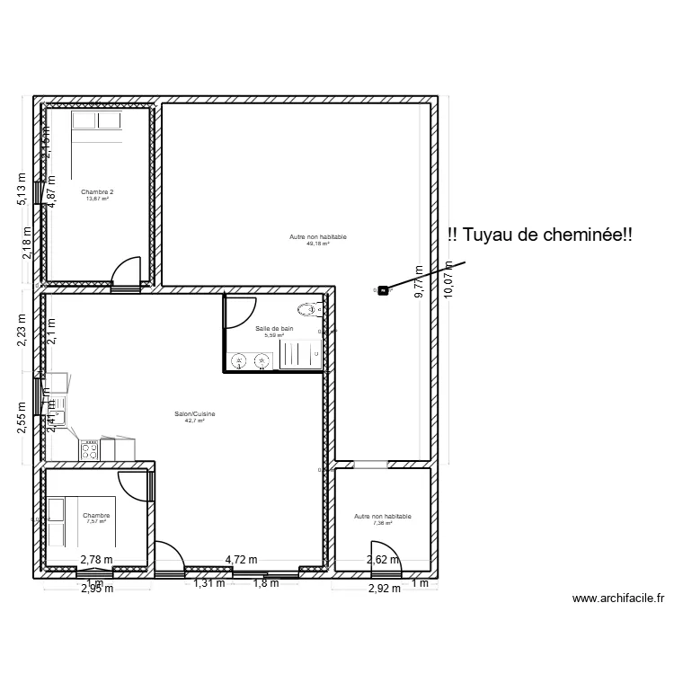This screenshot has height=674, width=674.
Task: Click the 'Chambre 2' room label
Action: (97, 191)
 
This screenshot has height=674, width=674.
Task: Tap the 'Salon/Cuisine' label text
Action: (195, 414)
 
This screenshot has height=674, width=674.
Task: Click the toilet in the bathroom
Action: (309, 310)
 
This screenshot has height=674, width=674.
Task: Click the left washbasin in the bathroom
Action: (240, 361)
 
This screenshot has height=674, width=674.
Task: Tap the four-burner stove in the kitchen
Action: (90, 449)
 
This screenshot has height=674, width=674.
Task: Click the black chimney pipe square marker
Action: (384, 289)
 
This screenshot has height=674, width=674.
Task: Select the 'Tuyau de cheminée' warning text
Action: (539, 235)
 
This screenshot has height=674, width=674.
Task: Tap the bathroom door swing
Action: (238, 311)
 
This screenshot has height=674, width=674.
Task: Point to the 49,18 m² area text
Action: (317, 243)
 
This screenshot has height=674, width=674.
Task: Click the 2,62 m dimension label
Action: (378, 559)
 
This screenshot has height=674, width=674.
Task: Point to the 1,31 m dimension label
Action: (209, 582)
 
